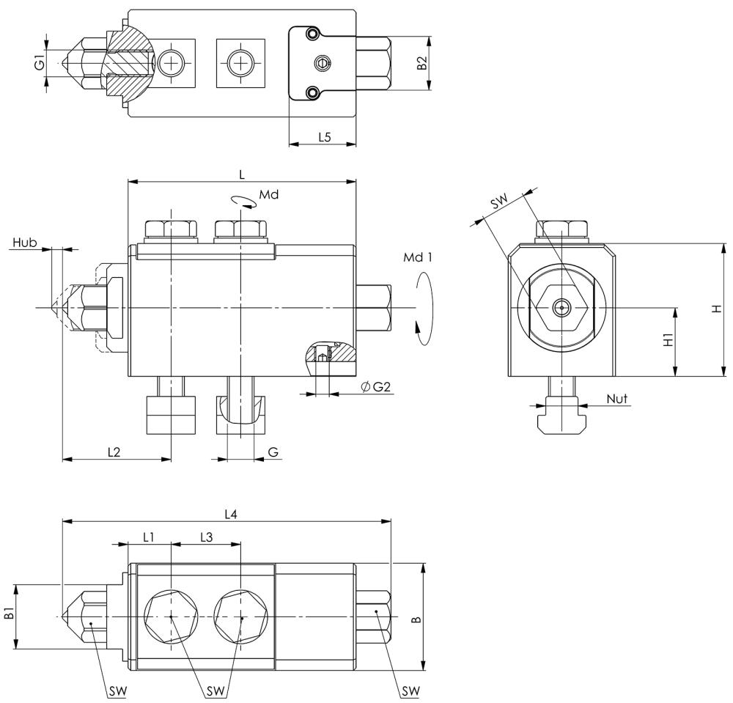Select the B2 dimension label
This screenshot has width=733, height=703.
[421, 64]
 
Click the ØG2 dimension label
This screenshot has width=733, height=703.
[376, 386]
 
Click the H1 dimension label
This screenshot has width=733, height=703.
[667, 341]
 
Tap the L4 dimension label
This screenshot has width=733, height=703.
[230, 515]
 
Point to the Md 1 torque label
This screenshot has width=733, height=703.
[419, 259]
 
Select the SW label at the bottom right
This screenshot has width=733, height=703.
[410, 691]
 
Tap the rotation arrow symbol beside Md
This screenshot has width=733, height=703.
[241, 202]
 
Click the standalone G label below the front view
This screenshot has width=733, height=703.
[273, 452]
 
